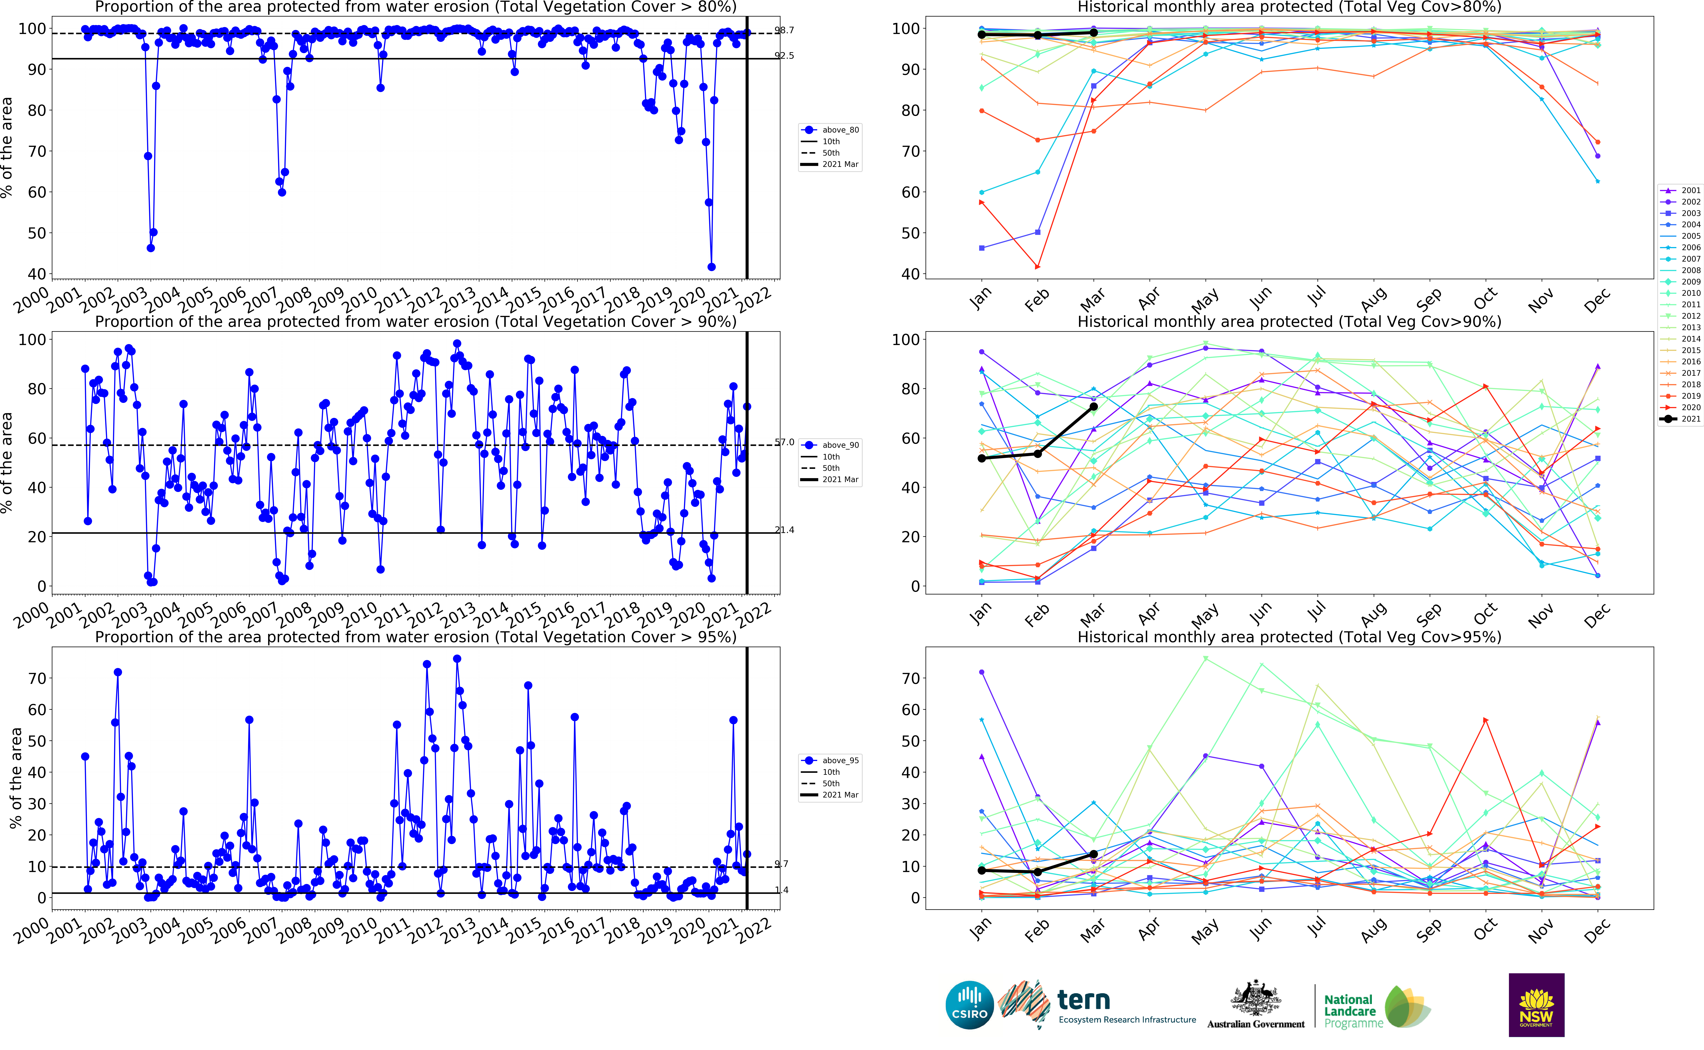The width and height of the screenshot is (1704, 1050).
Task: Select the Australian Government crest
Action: coord(1256,999)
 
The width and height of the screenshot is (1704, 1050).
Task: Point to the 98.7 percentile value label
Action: coord(785,31)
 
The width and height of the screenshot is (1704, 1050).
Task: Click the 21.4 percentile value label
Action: coord(785,530)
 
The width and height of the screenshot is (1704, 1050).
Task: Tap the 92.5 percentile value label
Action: coord(785,56)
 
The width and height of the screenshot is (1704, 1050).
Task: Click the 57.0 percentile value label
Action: coord(785,442)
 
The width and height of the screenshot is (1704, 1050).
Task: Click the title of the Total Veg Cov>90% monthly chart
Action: coord(1289,322)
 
